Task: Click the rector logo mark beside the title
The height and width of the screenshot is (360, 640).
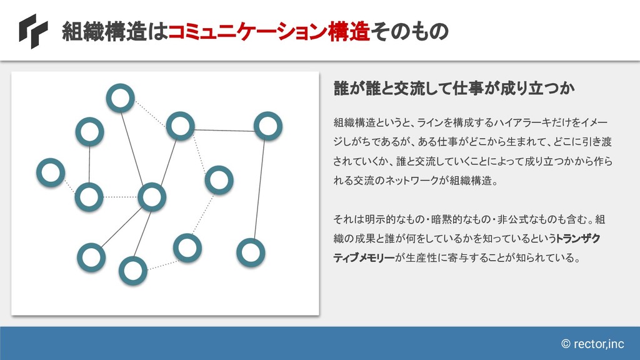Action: click(x=34, y=31)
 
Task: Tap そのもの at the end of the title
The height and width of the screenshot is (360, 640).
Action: click(x=409, y=31)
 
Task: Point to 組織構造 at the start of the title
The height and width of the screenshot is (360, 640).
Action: click(x=104, y=31)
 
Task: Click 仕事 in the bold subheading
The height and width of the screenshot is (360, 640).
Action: click(x=467, y=87)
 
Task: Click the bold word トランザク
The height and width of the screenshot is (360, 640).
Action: click(x=578, y=238)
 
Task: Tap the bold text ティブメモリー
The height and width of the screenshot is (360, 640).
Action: click(x=364, y=257)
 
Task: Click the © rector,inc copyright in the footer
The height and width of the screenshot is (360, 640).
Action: click(x=592, y=344)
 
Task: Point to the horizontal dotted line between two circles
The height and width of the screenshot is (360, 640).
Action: click(x=121, y=197)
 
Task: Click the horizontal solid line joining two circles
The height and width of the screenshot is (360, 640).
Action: click(x=224, y=131)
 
